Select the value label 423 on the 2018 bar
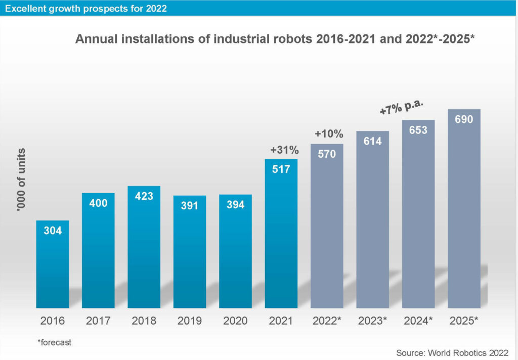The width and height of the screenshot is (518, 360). pyautogui.click(x=144, y=196)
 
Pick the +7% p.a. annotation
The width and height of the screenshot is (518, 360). pyautogui.click(x=401, y=107)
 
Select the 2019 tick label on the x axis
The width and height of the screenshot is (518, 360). pyautogui.click(x=190, y=321)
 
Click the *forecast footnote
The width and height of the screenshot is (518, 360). pyautogui.click(x=54, y=342)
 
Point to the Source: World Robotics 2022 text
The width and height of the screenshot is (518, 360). pyautogui.click(x=452, y=351)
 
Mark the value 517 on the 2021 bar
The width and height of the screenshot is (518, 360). pyautogui.click(x=281, y=169)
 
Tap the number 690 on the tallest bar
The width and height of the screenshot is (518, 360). pyautogui.click(x=464, y=119)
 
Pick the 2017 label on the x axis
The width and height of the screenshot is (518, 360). pyautogui.click(x=98, y=321)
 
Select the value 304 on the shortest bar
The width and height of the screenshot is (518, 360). pyautogui.click(x=53, y=231)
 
